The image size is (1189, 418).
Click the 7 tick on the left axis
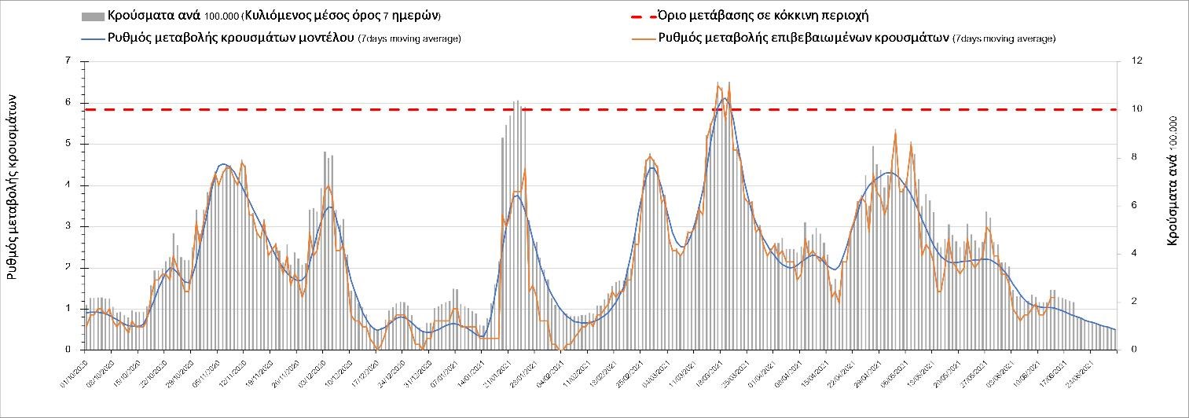point(68,61)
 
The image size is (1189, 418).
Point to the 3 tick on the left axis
point(68,226)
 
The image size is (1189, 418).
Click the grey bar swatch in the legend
point(92,16)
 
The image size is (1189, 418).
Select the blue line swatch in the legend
point(92,38)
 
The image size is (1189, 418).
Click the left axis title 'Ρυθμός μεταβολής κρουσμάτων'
point(13,185)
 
